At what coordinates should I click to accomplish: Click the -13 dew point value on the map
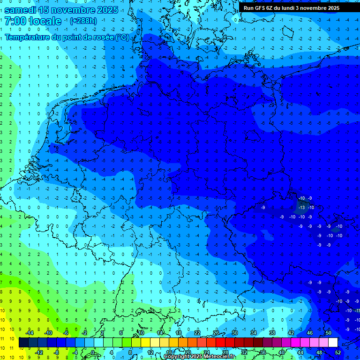coord(302,207)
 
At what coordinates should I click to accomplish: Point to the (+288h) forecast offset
coord(84,21)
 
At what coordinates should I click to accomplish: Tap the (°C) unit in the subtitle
coord(122,37)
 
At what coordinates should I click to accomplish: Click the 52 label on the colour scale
coord(338,352)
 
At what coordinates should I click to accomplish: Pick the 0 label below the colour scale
coord(93,352)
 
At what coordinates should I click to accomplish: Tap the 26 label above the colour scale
coord(216,333)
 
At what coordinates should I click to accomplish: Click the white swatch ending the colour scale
coord(333,343)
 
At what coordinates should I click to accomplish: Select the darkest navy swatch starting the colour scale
coord(23,343)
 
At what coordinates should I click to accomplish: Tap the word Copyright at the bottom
coord(177,357)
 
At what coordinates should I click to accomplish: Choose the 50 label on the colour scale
coord(329,333)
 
